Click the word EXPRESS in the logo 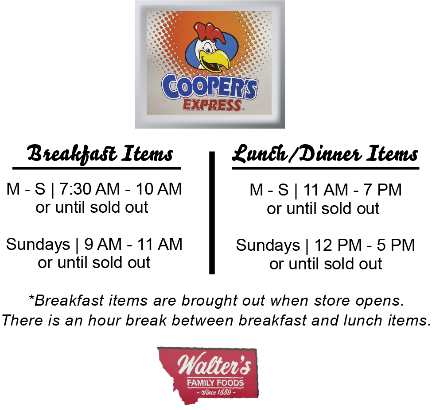(x=212, y=105)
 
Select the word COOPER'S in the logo (x=210, y=87)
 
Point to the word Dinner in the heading (x=330, y=154)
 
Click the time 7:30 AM (x=90, y=189)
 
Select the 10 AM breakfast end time (x=159, y=189)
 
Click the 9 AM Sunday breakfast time (x=103, y=244)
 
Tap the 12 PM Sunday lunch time (x=338, y=245)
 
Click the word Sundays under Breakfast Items (x=38, y=245)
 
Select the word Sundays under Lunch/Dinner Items (x=268, y=245)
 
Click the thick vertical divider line (x=212, y=213)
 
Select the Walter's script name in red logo (x=214, y=364)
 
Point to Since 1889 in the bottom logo (x=216, y=392)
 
